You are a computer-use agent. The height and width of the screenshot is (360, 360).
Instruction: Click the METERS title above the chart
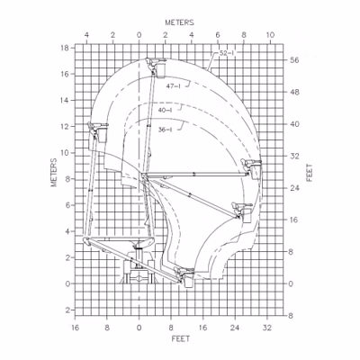(x=179, y=22)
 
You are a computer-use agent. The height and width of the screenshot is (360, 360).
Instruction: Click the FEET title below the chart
(x=181, y=338)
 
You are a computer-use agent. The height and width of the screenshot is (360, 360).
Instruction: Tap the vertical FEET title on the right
(x=310, y=173)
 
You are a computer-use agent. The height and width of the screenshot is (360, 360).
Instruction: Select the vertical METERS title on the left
(x=54, y=173)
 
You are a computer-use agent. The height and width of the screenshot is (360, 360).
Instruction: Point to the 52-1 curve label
(x=227, y=53)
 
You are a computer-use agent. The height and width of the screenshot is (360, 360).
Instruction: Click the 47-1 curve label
(x=174, y=86)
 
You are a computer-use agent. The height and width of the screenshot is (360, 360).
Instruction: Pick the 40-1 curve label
(x=166, y=111)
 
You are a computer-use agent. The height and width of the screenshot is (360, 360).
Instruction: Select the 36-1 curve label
(x=166, y=130)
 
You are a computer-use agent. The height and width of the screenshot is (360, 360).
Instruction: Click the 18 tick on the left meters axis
(x=65, y=48)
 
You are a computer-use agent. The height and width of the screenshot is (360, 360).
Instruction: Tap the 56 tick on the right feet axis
(x=294, y=60)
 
